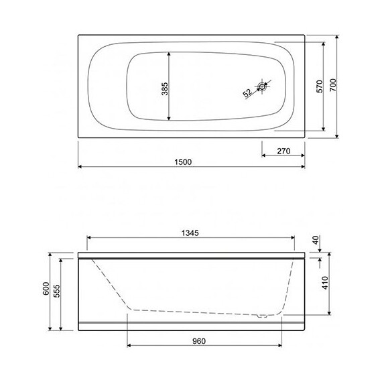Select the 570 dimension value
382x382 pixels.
pyautogui.click(x=320, y=86)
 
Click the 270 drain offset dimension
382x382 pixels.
pyautogui.click(x=283, y=151)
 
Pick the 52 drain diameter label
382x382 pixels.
pyautogui.click(x=247, y=93)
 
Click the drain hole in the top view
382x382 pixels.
pyautogui.click(x=264, y=86)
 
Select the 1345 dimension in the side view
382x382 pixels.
pyautogui.click(x=192, y=233)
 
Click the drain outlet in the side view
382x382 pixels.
pyautogui.click(x=263, y=314)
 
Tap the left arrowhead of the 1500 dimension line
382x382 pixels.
pyautogui.click(x=80, y=165)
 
